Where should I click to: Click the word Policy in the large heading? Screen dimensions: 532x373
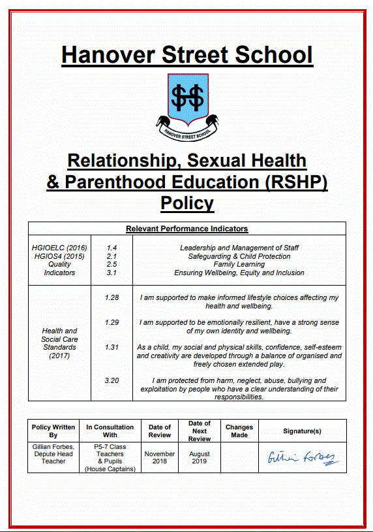click(x=187, y=203)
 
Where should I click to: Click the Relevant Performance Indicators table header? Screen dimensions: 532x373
click(x=186, y=229)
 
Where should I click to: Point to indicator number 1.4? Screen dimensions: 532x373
click(x=112, y=248)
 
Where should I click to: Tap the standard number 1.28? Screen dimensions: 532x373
click(x=112, y=298)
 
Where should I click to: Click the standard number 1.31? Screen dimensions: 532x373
click(x=112, y=348)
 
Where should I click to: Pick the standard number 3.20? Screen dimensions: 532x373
click(x=112, y=380)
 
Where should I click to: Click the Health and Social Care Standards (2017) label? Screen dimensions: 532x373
click(x=59, y=343)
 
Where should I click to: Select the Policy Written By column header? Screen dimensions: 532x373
click(x=53, y=431)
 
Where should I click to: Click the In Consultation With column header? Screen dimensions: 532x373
click(x=110, y=431)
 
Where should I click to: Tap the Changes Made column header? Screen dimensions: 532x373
click(x=239, y=431)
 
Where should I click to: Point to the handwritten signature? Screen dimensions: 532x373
click(x=303, y=457)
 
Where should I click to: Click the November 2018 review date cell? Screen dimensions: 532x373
click(x=160, y=457)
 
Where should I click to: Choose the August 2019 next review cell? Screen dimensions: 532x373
click(x=200, y=457)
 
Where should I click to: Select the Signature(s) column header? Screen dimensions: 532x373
click(x=302, y=431)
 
